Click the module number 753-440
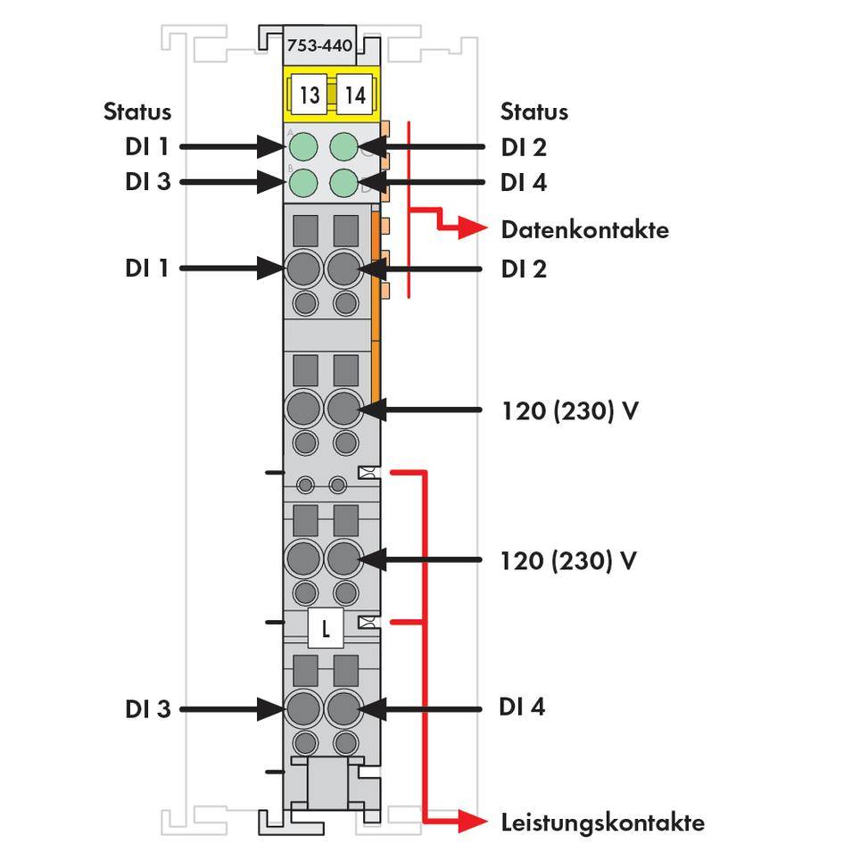(x=318, y=45)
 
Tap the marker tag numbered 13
(x=309, y=95)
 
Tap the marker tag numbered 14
(x=355, y=95)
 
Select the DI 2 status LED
(x=344, y=145)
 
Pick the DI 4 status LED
(x=344, y=182)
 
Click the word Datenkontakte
(x=584, y=230)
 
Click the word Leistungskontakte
(x=602, y=822)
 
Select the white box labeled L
(x=326, y=629)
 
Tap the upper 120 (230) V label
(x=569, y=411)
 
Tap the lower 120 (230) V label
(x=569, y=560)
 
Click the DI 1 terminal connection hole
(x=304, y=267)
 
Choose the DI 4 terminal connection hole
(x=343, y=709)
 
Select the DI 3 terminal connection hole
(x=304, y=709)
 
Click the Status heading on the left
(x=136, y=112)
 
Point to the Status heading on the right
(x=533, y=112)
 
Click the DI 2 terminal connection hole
(x=343, y=267)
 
